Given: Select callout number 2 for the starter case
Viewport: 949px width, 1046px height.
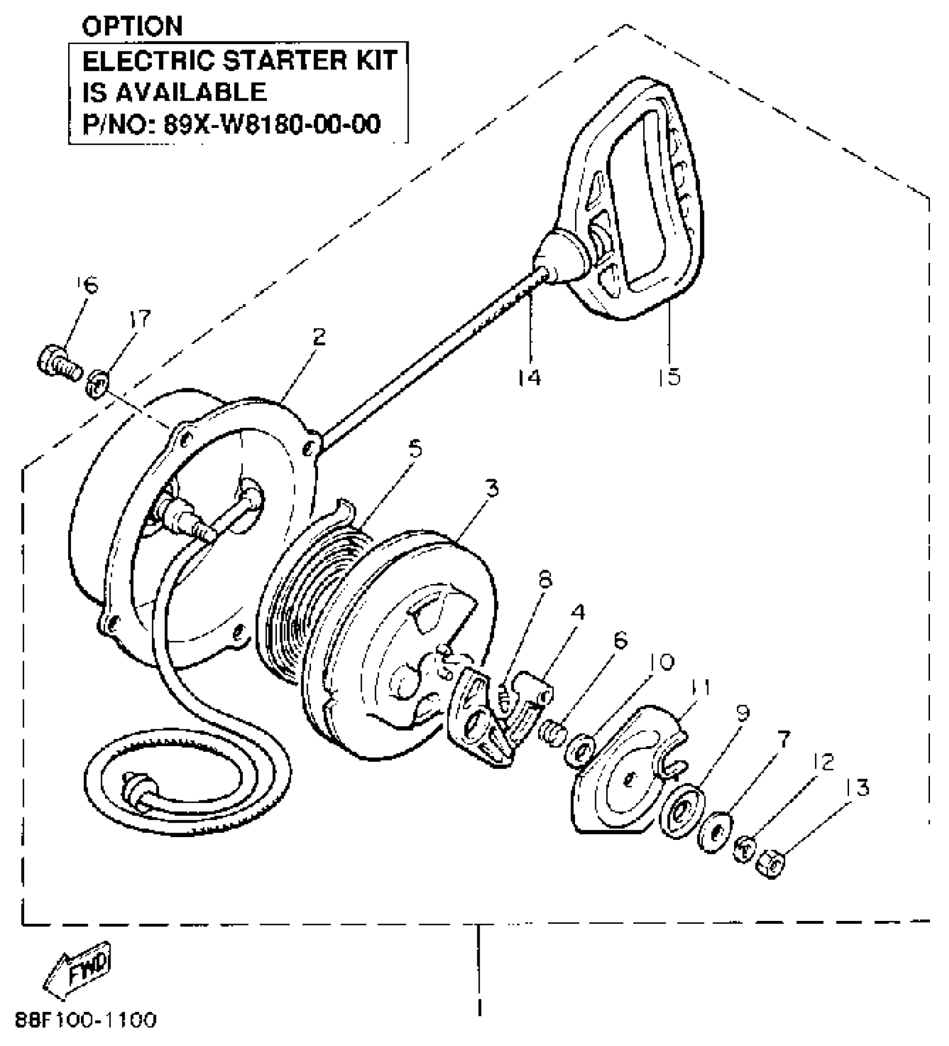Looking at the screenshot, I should [318, 337].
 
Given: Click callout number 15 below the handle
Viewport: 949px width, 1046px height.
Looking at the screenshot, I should [670, 377].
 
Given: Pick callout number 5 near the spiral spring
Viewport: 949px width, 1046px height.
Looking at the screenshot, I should [415, 448].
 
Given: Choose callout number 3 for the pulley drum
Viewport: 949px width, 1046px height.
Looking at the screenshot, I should [491, 489].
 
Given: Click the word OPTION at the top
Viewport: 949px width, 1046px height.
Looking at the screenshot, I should [132, 26].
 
